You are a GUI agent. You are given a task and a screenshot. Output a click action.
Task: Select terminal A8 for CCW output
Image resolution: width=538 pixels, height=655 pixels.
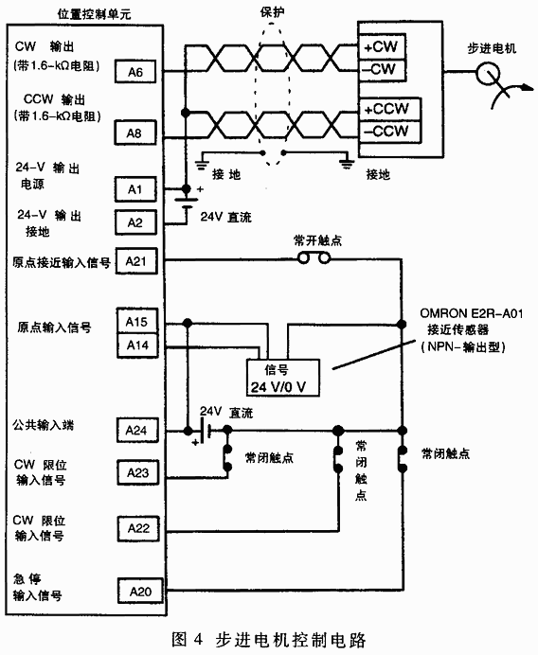coord(134,133)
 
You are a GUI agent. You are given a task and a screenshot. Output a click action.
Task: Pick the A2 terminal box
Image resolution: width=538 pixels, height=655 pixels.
coord(134,222)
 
